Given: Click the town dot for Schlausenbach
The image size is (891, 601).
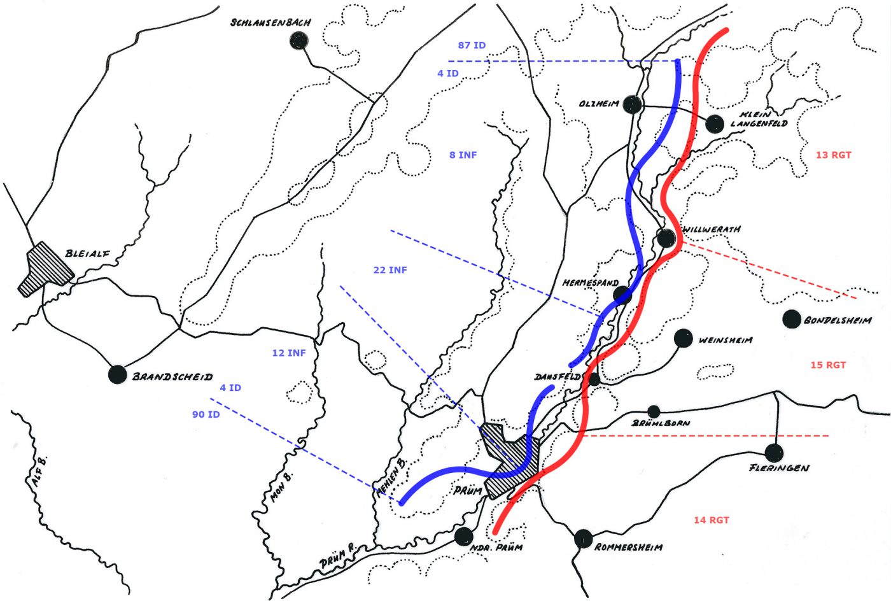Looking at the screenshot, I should pyautogui.click(x=298, y=41).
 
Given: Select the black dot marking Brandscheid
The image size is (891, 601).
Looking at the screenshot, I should pyautogui.click(x=117, y=374).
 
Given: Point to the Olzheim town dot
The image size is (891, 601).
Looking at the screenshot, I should pyautogui.click(x=632, y=104).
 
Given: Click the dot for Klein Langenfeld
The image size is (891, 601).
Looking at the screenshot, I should pyautogui.click(x=715, y=124).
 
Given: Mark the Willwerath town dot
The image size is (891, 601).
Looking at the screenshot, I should pyautogui.click(x=666, y=238).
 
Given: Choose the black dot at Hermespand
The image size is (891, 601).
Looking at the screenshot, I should pyautogui.click(x=622, y=293).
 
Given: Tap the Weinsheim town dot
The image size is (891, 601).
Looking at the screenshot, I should pyautogui.click(x=683, y=338).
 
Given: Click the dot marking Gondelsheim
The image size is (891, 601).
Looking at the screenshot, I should pyautogui.click(x=792, y=319).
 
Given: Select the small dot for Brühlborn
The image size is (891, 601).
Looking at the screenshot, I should pyautogui.click(x=654, y=411).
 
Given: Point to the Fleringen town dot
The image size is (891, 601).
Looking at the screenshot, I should pyautogui.click(x=774, y=453).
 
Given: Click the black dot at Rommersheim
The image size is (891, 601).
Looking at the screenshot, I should pyautogui.click(x=583, y=539).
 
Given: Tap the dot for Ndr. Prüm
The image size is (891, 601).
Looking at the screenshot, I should pyautogui.click(x=464, y=536).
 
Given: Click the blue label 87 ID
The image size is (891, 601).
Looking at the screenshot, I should pyautogui.click(x=472, y=46).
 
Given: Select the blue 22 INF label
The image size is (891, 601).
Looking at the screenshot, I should pyautogui.click(x=390, y=270).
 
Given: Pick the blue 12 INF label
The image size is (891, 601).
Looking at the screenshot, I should pyautogui.click(x=289, y=353).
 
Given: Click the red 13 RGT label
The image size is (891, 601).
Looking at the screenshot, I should pyautogui.click(x=833, y=155).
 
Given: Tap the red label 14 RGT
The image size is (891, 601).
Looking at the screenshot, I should pyautogui.click(x=712, y=520).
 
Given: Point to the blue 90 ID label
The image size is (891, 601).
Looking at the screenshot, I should pyautogui.click(x=206, y=414).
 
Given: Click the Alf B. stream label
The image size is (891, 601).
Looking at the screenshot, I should pyautogui.click(x=41, y=472).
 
